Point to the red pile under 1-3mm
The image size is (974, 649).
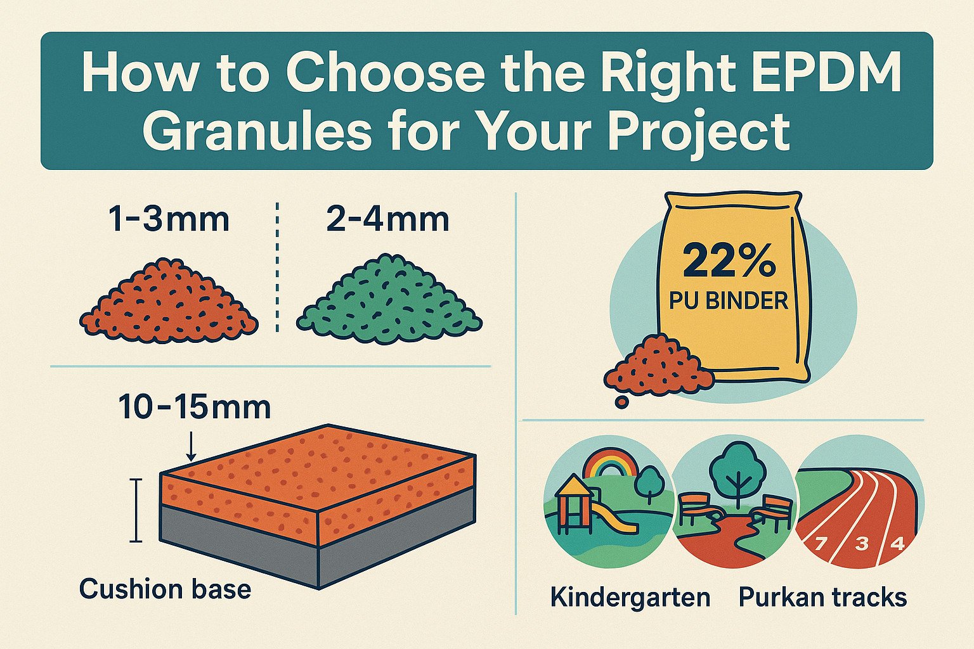[x=169, y=302]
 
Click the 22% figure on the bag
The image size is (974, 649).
[x=729, y=261]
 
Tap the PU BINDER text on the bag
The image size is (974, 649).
[x=729, y=300]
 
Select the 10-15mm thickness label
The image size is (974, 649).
[x=194, y=408]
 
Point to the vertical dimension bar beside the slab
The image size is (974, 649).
[x=136, y=510]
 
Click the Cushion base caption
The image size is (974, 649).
[x=166, y=589]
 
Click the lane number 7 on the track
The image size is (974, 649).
[x=821, y=543]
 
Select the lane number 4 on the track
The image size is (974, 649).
[x=897, y=544]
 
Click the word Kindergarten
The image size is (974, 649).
[x=630, y=597]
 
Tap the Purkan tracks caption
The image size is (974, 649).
[x=822, y=596]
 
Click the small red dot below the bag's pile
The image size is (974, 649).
[x=622, y=402]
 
